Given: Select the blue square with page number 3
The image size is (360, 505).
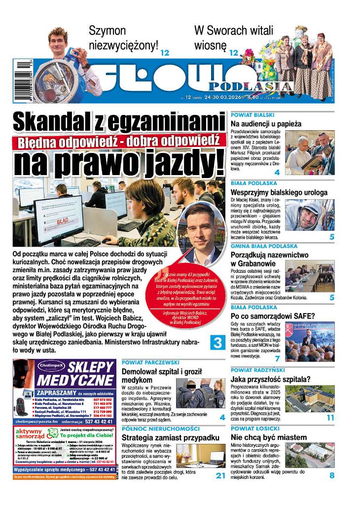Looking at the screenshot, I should (218, 342).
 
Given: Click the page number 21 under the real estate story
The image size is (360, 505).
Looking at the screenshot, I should (220, 475).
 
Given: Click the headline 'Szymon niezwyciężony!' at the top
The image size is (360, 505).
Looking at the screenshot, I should (123, 38).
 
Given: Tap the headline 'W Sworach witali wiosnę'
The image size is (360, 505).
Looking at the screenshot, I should (227, 38).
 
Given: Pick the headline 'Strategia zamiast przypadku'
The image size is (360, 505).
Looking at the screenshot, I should (170, 437).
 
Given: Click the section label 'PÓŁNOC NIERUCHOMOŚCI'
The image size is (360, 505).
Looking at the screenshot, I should (160, 429).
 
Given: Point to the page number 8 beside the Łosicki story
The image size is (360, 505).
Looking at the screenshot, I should (331, 475).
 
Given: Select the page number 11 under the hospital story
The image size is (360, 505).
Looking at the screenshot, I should (330, 417).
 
